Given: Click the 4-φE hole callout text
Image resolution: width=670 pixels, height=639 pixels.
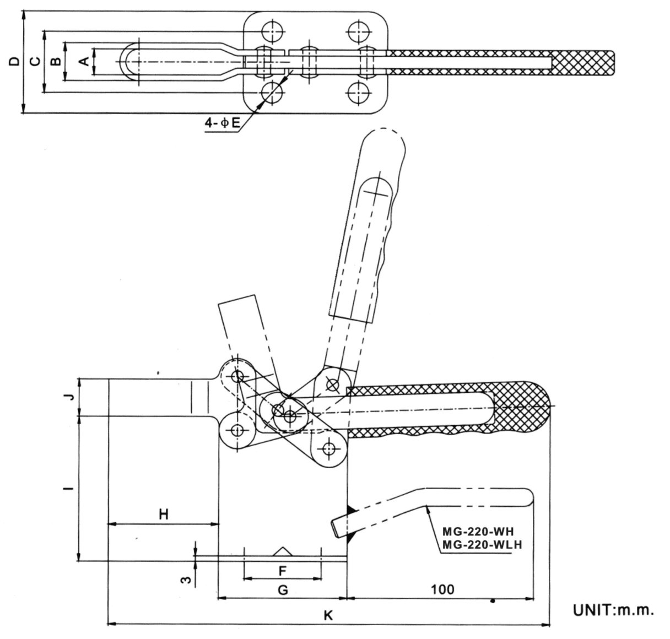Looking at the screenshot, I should [x=223, y=123].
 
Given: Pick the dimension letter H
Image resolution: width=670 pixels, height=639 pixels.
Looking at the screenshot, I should [x=164, y=515].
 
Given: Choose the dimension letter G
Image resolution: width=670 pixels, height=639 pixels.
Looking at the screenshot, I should [x=282, y=590].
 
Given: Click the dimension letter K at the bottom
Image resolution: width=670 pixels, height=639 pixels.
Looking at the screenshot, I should [x=328, y=615].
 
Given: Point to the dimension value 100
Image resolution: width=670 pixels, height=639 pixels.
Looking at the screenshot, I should [x=442, y=589].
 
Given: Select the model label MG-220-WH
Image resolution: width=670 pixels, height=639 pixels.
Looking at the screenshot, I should [x=478, y=532].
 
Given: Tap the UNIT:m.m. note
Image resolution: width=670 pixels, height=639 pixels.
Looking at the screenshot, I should [x=613, y=610].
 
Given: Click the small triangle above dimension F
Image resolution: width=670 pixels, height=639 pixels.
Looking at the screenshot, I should [x=283, y=551].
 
